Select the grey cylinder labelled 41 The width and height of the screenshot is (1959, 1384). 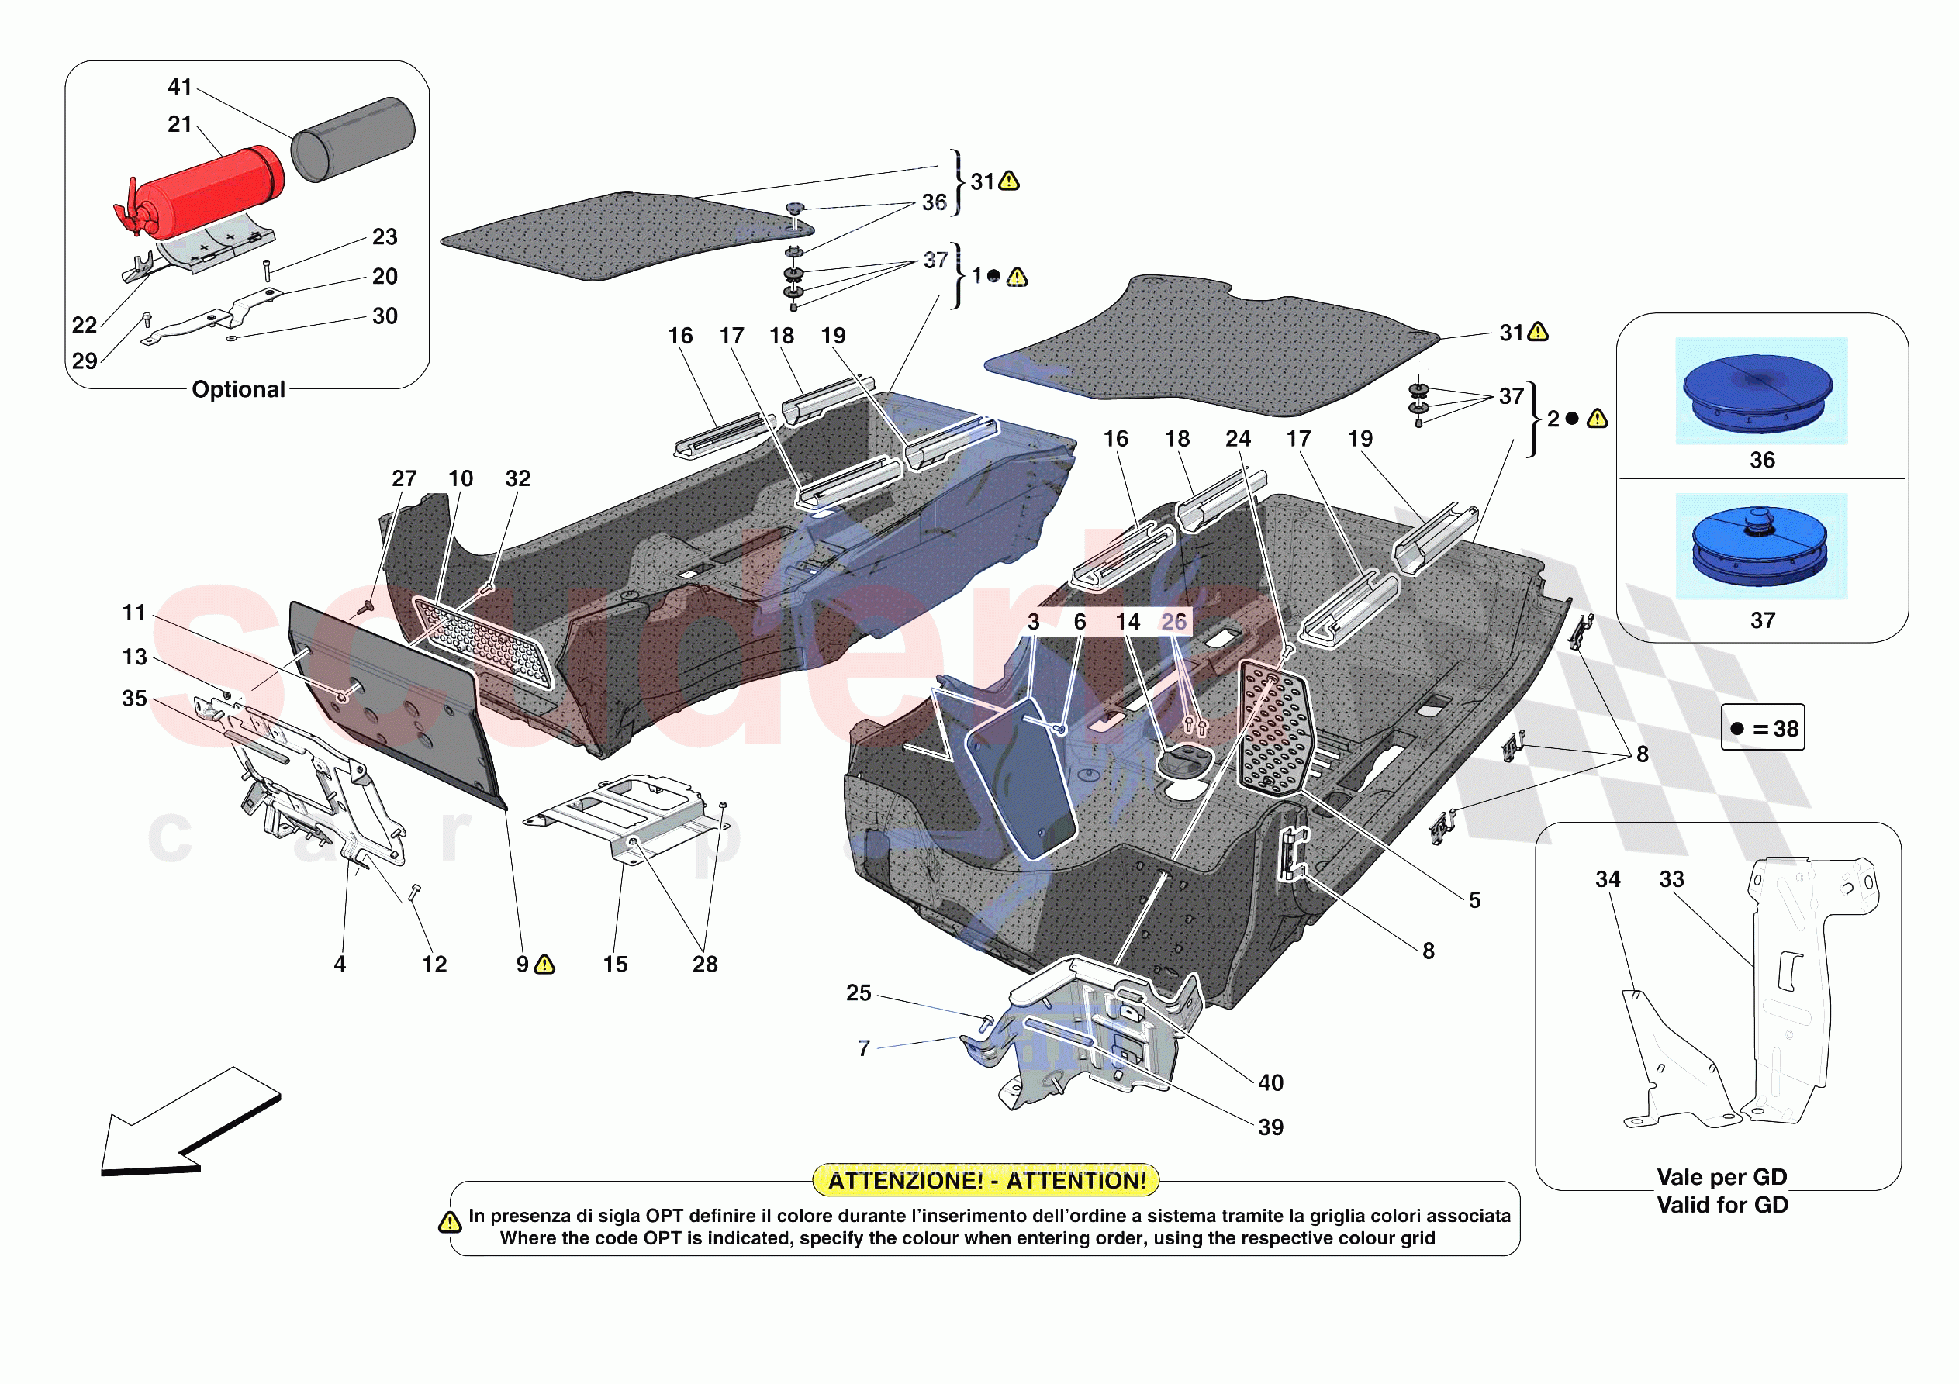click(x=353, y=138)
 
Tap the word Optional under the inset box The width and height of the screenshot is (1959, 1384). click(x=238, y=389)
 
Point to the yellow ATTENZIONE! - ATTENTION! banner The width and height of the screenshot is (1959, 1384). click(x=986, y=1180)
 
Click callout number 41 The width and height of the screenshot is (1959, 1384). click(x=180, y=87)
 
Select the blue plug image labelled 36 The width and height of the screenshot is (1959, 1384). click(x=1761, y=391)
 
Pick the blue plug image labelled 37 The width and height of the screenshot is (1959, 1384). click(x=1761, y=546)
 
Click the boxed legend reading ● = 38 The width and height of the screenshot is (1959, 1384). click(x=1763, y=728)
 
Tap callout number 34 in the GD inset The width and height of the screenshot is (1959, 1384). click(x=1608, y=879)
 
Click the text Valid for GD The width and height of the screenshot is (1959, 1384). click(x=1722, y=1204)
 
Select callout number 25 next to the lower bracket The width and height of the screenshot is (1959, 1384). click(x=859, y=992)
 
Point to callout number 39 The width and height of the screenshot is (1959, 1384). click(x=1270, y=1127)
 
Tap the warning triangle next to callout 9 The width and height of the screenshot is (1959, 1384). click(x=544, y=965)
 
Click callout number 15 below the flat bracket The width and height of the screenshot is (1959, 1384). click(x=615, y=965)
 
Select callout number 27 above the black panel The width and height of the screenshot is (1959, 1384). click(x=404, y=478)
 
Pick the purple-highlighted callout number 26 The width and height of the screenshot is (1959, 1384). click(x=1174, y=622)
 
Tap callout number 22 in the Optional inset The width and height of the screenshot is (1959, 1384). click(x=85, y=325)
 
